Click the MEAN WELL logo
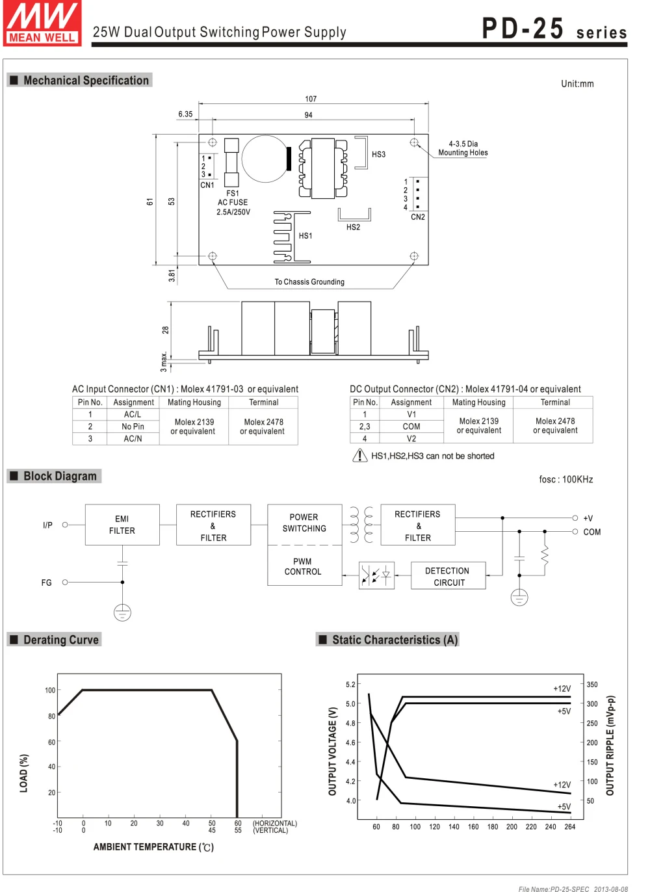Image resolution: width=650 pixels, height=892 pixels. pyautogui.click(x=42, y=23)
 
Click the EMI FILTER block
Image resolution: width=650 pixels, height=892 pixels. pyautogui.click(x=122, y=525)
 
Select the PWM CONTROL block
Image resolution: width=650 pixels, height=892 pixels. pyautogui.click(x=304, y=566)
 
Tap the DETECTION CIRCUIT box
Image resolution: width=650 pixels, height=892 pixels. pyautogui.click(x=448, y=576)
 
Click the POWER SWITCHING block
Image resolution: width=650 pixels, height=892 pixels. pyautogui.click(x=304, y=523)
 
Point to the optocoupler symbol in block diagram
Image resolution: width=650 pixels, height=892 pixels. pyautogui.click(x=376, y=575)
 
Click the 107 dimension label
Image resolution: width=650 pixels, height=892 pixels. pyautogui.click(x=311, y=99)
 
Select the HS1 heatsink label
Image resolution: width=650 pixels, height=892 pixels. pyautogui.click(x=305, y=236)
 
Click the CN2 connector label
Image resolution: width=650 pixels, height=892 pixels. pyautogui.click(x=418, y=217)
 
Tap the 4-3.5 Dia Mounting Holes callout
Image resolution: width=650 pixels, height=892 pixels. pyautogui.click(x=463, y=148)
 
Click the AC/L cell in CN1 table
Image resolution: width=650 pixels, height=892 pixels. pyautogui.click(x=133, y=414)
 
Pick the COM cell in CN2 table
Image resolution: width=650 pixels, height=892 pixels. pyautogui.click(x=411, y=426)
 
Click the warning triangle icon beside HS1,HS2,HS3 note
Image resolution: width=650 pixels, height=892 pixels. pyautogui.click(x=359, y=456)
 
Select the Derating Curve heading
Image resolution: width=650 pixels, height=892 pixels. pyautogui.click(x=61, y=640)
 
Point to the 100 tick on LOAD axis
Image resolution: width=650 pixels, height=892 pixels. pyautogui.click(x=50, y=690)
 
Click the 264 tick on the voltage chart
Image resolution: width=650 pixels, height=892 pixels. pyautogui.click(x=570, y=827)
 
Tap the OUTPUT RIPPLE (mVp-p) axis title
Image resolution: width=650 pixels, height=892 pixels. pyautogui.click(x=610, y=746)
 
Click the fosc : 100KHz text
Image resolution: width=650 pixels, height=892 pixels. pyautogui.click(x=565, y=479)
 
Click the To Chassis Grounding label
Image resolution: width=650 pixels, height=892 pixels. pyautogui.click(x=309, y=282)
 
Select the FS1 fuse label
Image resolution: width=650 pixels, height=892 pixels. pyautogui.click(x=233, y=193)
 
